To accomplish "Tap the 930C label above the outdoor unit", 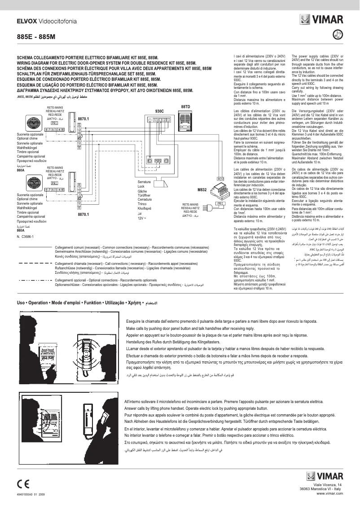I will pos(159,111).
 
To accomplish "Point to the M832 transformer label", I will pos(202,190).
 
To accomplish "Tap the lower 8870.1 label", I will pos(84,215).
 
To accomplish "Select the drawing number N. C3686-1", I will pos(27,236).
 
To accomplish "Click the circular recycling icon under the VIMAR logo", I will pos(338,34).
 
